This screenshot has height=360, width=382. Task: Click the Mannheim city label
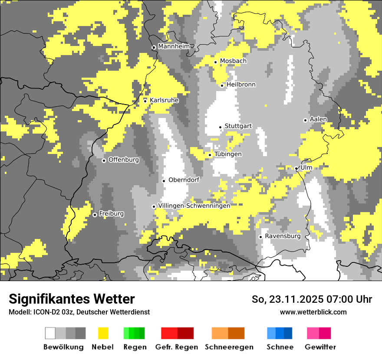point(174,46)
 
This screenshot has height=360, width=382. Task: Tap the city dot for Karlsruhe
point(145,101)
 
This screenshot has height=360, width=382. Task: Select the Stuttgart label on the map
point(238,126)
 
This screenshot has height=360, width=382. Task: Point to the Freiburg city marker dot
point(95,215)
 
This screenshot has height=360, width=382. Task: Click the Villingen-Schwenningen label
point(194,206)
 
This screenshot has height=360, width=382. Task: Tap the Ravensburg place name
point(283,236)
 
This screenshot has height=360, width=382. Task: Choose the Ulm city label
point(306,167)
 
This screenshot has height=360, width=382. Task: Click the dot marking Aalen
point(305,120)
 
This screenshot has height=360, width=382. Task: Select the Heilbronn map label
point(241,85)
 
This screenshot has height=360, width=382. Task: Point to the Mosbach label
point(233,61)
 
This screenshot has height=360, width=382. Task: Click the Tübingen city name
point(228,154)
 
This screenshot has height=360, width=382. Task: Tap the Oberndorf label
point(184,180)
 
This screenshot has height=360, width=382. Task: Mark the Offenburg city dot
point(104,160)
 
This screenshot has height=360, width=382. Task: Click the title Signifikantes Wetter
point(72,299)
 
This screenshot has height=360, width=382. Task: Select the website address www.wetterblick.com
point(313,312)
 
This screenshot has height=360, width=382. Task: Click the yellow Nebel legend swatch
point(103,333)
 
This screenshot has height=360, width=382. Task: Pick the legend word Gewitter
point(320,347)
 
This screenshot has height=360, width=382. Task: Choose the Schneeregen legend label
point(229,347)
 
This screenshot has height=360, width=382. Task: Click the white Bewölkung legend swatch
point(50,333)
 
